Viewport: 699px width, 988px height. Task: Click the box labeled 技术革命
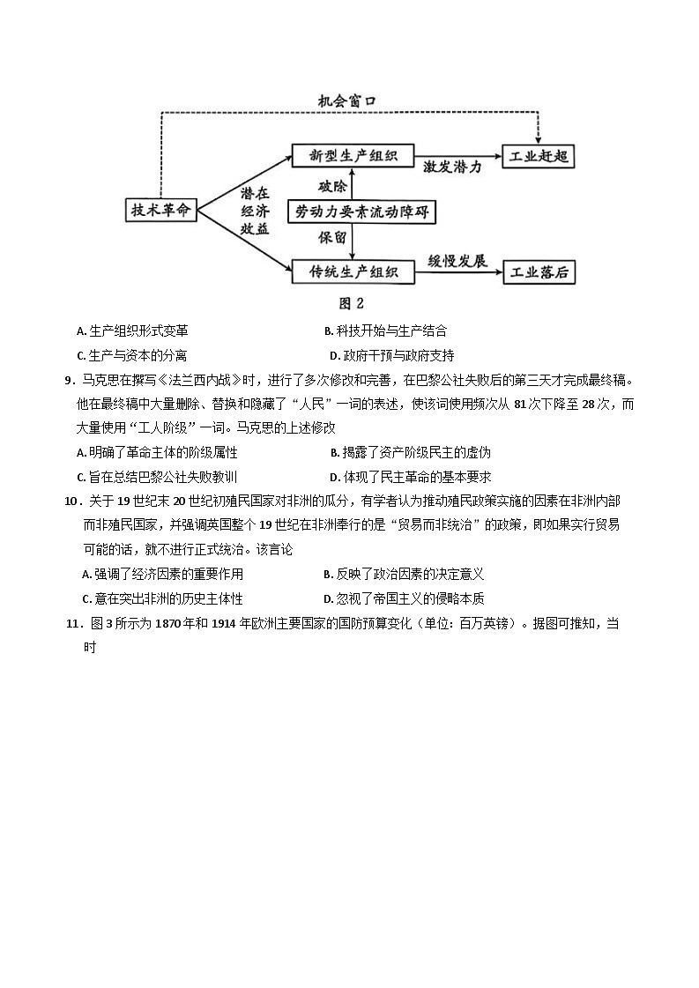tap(160, 210)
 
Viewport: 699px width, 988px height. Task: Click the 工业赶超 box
tap(538, 157)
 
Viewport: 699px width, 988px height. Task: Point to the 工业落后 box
tap(538, 273)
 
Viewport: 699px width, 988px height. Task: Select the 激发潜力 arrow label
tap(452, 167)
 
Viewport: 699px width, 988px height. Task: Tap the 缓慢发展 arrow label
tap(457, 261)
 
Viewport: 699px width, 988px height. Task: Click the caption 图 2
tap(351, 303)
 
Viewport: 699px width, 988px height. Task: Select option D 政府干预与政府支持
tap(391, 356)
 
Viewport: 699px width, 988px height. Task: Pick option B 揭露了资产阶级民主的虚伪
tap(410, 453)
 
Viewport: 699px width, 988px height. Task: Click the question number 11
tap(73, 624)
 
